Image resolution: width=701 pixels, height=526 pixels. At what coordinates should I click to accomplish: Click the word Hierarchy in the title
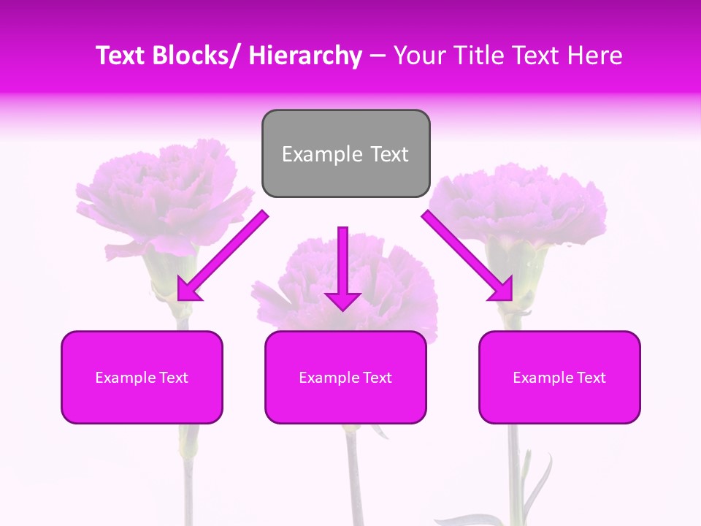(305, 56)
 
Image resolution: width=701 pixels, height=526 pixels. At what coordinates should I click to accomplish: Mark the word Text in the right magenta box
(590, 378)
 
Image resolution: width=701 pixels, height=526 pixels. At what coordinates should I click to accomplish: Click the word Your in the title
(419, 56)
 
